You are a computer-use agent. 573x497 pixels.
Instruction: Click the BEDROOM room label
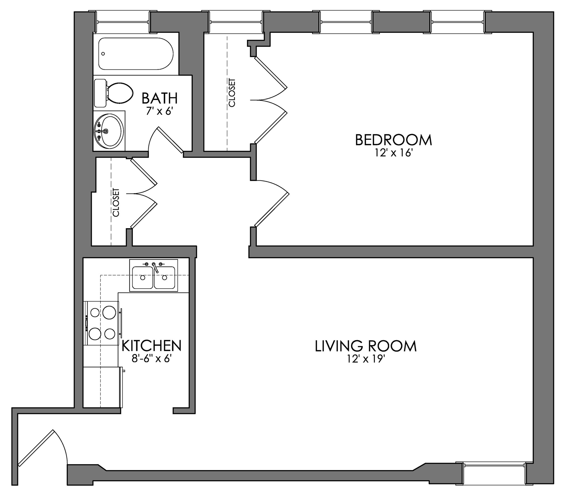tap(393, 140)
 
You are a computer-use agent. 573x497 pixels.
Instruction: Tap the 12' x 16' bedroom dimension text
tap(393, 153)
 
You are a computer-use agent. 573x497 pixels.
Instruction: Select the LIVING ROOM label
tap(365, 346)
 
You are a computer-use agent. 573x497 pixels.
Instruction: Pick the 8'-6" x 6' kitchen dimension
tap(151, 359)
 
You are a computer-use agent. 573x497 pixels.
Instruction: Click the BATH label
tap(159, 98)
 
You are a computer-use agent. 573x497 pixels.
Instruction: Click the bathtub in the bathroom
tap(136, 54)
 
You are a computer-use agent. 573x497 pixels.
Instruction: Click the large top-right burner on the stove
tap(109, 312)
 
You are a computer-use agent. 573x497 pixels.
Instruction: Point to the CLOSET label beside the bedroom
tap(232, 93)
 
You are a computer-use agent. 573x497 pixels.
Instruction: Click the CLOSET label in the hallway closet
tap(116, 202)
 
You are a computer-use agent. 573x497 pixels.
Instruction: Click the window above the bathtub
tap(123, 22)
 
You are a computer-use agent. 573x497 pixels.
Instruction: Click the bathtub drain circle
tap(103, 53)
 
